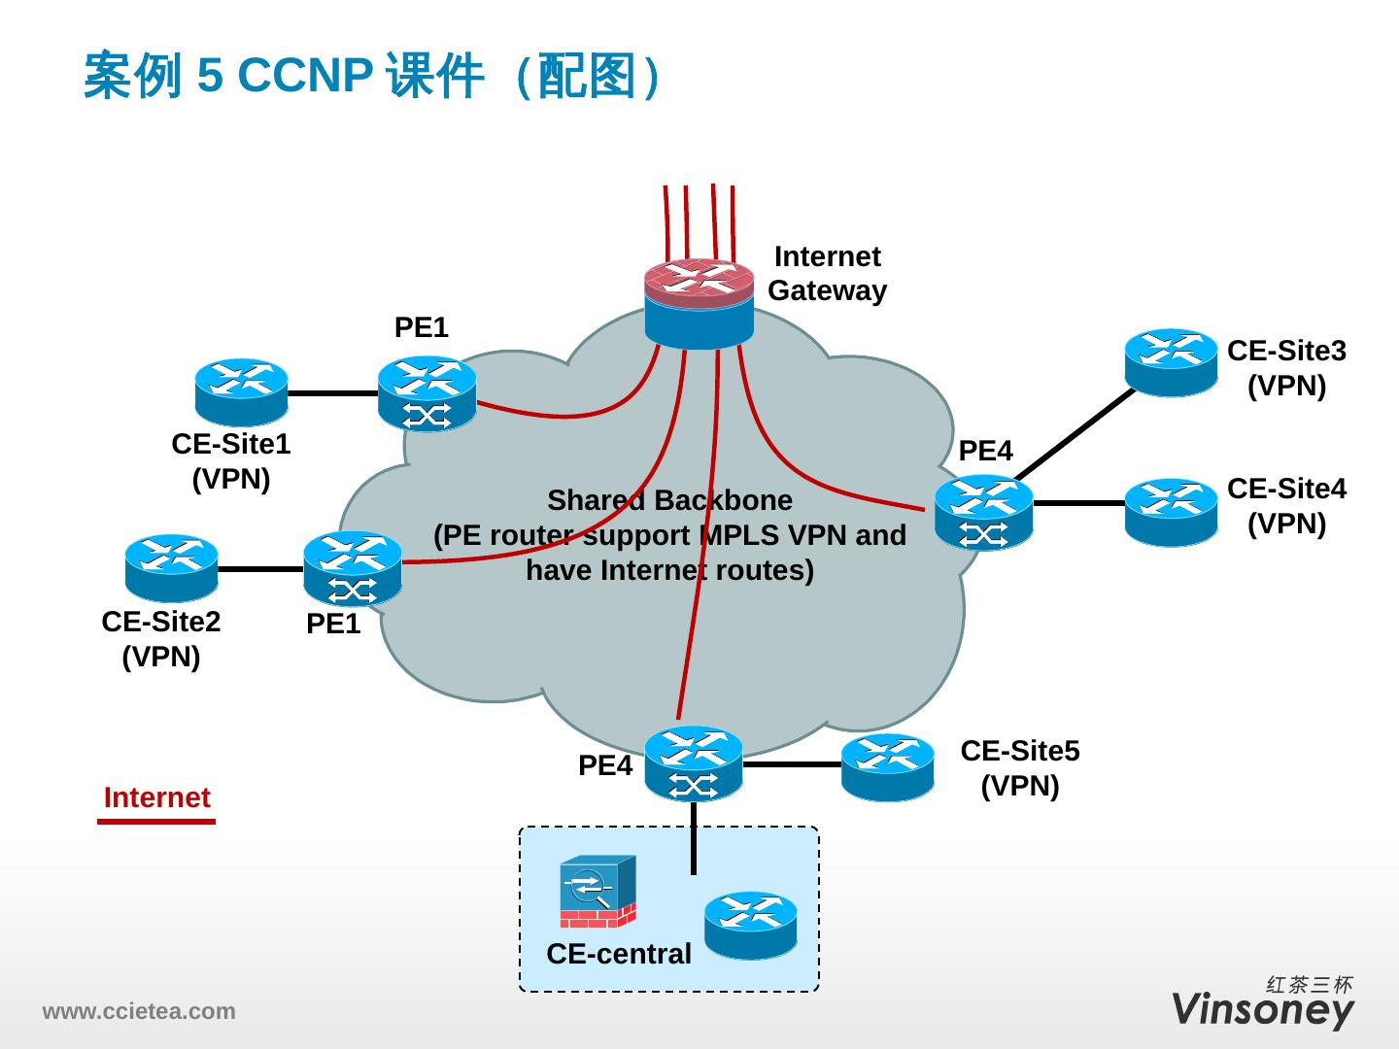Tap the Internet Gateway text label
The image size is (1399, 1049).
[x=827, y=274]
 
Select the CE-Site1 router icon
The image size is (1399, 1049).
[x=241, y=392]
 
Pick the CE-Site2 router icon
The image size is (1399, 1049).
[x=171, y=568]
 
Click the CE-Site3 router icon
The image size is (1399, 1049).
[x=1171, y=362]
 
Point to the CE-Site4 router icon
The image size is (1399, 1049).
[x=1171, y=511]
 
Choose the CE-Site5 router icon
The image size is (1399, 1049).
[x=887, y=766]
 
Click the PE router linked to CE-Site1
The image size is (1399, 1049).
[x=427, y=393]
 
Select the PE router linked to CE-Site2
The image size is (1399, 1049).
[x=352, y=569]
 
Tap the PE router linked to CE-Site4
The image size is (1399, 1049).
[x=983, y=512]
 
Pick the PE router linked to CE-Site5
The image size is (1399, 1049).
[x=693, y=763]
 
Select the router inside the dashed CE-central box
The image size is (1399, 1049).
[x=750, y=925]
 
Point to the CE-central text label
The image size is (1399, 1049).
[x=619, y=954]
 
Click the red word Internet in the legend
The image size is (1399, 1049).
[x=156, y=797]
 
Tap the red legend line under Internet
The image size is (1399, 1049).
[x=156, y=822]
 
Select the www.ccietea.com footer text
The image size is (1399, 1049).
[x=138, y=1011]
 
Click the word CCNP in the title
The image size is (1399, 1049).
[x=304, y=76]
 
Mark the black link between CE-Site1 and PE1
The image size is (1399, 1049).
[x=332, y=393]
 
